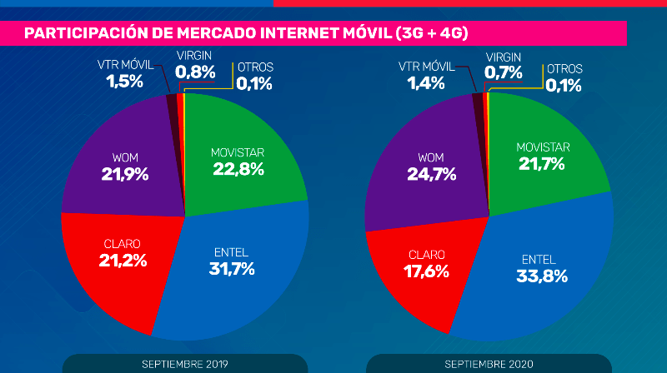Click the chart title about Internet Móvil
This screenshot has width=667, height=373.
246,33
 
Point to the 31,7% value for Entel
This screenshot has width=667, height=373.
232,268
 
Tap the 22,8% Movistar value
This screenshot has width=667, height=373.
238,169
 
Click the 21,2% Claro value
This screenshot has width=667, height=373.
123,260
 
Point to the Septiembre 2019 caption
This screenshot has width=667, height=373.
184,365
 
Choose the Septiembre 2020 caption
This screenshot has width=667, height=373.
487,365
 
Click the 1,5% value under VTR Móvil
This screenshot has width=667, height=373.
124,82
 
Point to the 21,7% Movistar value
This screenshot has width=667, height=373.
543,164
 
